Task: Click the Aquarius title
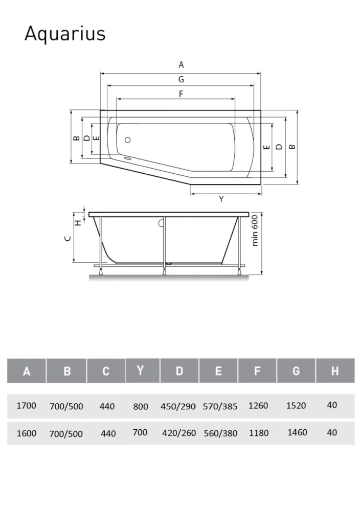65,34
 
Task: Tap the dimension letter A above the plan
181,65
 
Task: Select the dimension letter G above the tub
181,79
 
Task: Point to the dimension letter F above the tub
181,94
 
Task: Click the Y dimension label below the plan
221,199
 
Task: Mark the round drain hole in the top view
128,140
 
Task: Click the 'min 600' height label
255,230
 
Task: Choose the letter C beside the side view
68,238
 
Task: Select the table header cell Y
141,370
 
